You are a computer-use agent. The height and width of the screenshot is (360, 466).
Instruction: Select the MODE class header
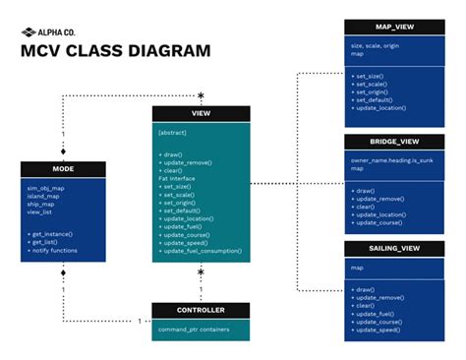pyautogui.click(x=63, y=169)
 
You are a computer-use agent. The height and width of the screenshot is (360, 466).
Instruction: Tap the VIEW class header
pyautogui.click(x=201, y=114)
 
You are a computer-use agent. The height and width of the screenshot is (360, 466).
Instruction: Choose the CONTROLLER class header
pyautogui.click(x=201, y=310)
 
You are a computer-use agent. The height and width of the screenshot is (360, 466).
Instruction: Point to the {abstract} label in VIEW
pyautogui.click(x=173, y=132)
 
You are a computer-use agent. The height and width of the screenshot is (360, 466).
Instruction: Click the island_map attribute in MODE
pyautogui.click(x=42, y=195)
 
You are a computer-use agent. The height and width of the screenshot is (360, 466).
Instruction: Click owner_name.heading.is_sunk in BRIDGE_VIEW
pyautogui.click(x=391, y=158)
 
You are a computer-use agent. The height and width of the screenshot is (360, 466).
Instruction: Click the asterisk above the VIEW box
pyautogui.click(x=201, y=95)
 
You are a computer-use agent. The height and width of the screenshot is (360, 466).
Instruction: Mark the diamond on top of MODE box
pyautogui.click(x=63, y=153)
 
